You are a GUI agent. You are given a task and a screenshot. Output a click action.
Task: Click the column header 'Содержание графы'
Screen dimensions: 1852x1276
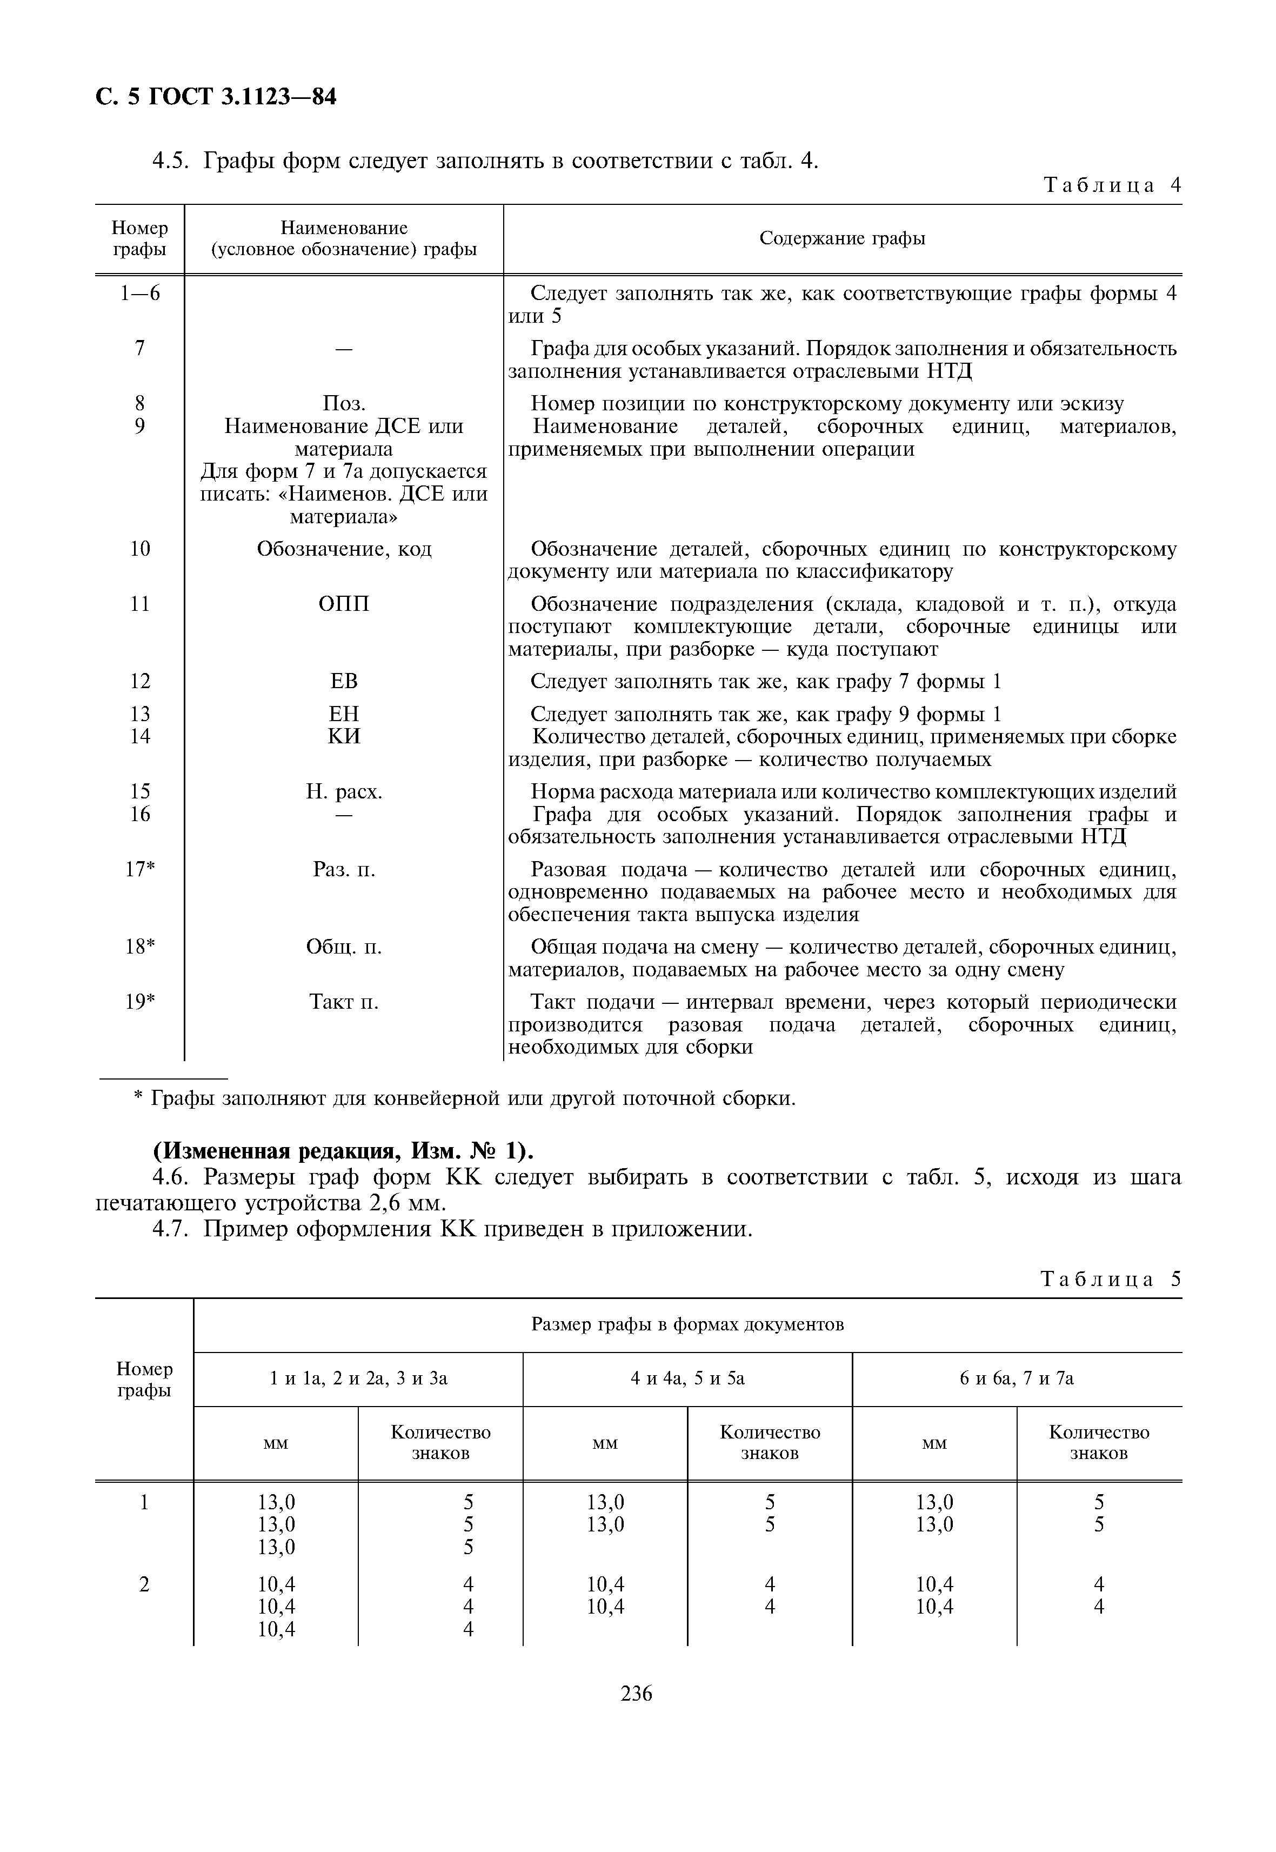pos(842,238)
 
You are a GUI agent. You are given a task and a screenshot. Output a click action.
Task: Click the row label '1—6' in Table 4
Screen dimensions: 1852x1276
pos(140,294)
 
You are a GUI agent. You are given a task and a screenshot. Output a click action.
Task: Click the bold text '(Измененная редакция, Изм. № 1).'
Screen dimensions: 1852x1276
pos(343,1151)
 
